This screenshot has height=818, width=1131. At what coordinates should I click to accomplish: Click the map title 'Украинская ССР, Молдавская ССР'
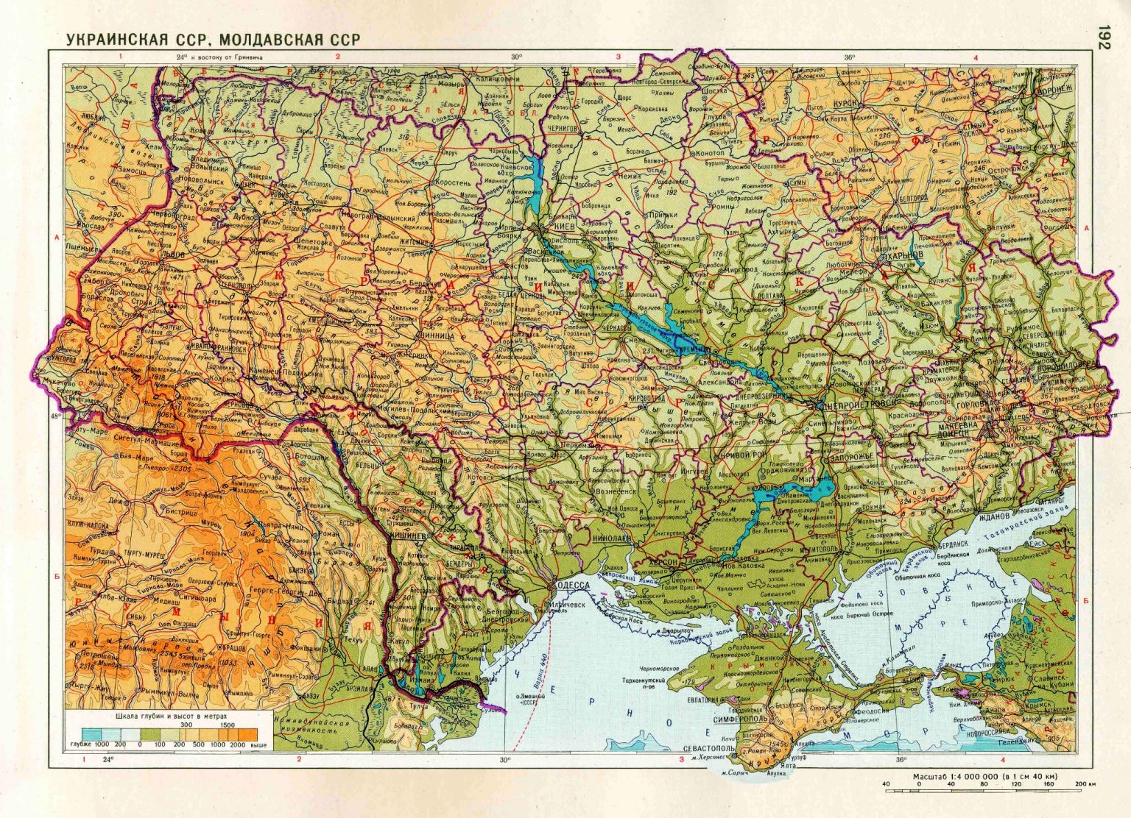click(x=214, y=39)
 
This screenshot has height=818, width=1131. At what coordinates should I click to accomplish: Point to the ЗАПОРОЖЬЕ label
click(x=853, y=456)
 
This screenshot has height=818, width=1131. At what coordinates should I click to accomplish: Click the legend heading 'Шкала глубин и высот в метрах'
click(x=172, y=716)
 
